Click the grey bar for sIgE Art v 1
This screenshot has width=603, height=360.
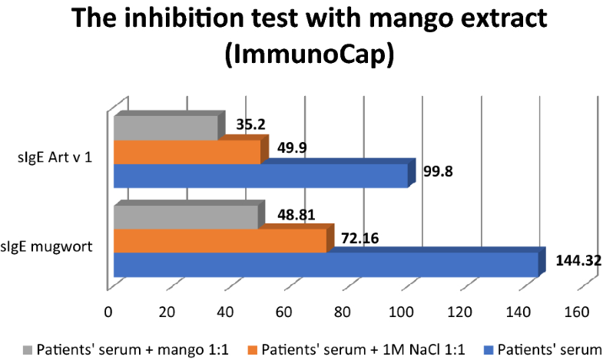[165, 129]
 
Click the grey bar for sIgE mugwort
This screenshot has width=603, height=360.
[185, 218]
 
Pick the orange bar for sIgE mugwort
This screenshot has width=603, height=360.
[220, 241]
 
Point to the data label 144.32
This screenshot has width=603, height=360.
[578, 259]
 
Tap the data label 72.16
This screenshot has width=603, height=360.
[359, 238]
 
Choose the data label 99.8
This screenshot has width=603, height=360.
[438, 171]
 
